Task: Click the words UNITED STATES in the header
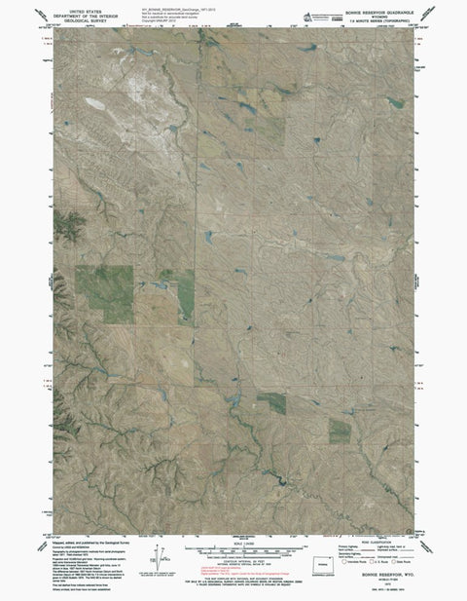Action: [85, 6]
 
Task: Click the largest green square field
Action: [105, 293]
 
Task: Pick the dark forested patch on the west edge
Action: [66, 227]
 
